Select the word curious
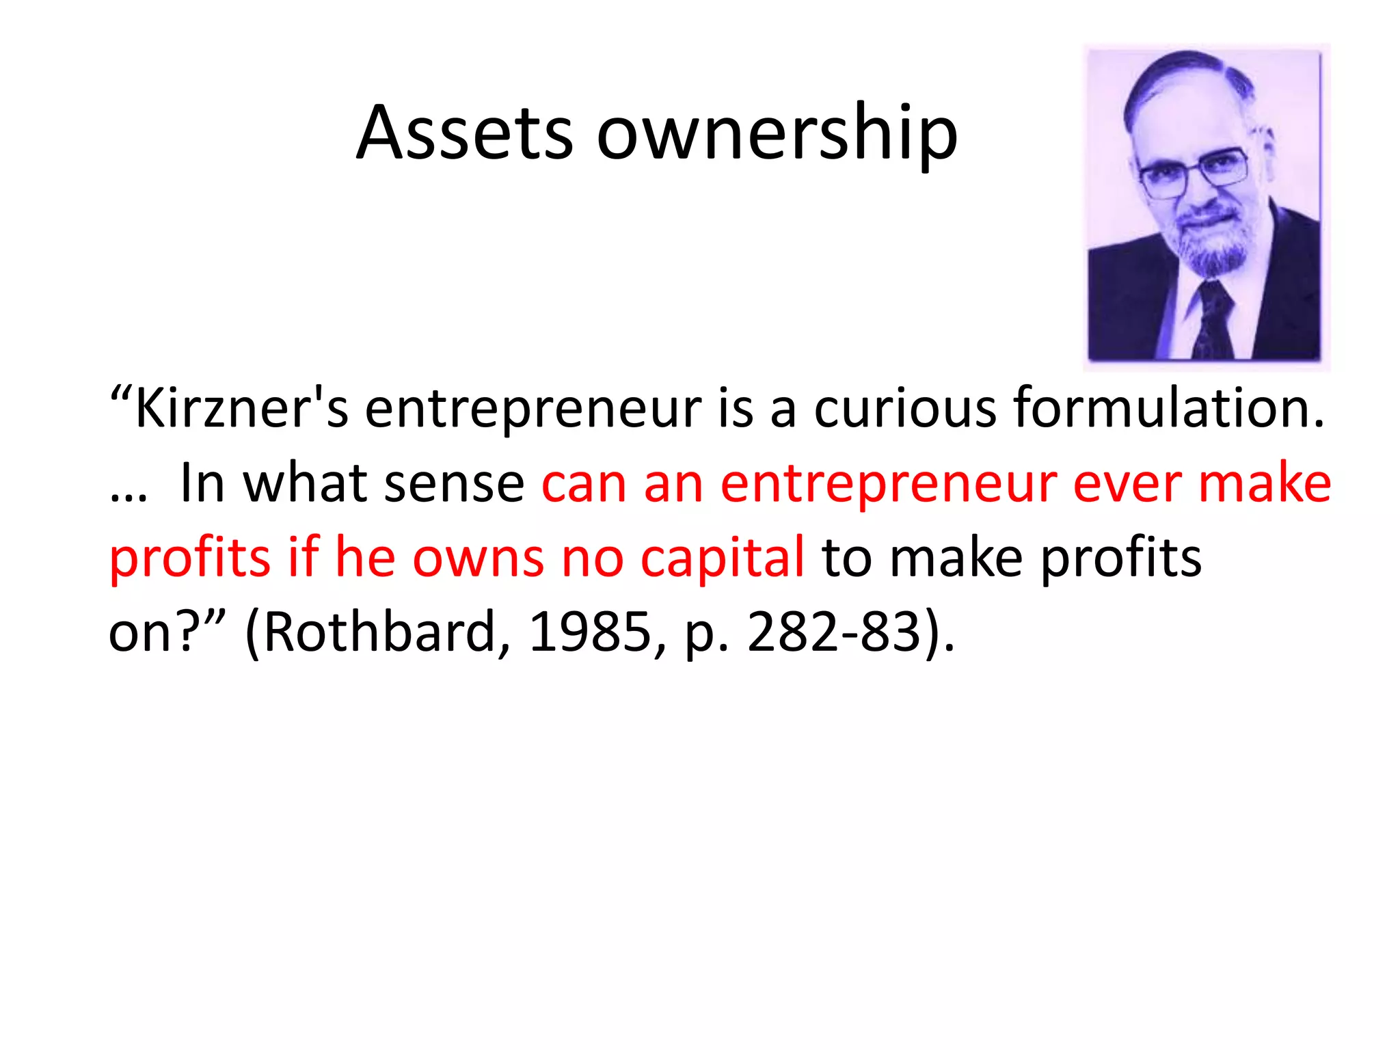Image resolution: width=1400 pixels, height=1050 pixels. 904,408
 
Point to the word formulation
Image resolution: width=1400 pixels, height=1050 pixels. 1168,408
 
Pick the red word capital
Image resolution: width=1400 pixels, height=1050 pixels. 722,558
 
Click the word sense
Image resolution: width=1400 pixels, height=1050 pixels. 454,483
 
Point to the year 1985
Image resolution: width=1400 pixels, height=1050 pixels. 590,632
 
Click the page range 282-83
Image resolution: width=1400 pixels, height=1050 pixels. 834,632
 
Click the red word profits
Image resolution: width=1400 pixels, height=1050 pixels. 189,558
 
